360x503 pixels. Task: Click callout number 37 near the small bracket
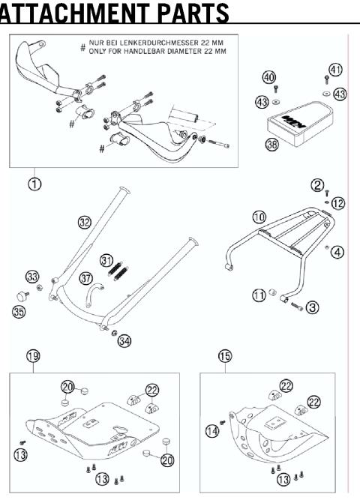click(86, 278)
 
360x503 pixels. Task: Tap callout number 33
click(31, 277)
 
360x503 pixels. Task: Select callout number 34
click(124, 341)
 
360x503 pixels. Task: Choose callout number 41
click(335, 70)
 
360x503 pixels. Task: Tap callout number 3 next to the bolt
click(313, 307)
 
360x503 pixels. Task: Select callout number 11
click(258, 296)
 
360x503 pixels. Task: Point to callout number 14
click(213, 430)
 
